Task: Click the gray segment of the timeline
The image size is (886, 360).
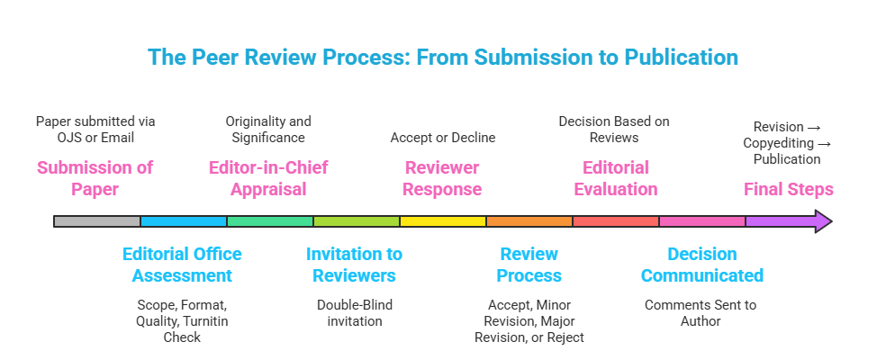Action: [x=97, y=221]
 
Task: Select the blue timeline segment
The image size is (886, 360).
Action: [x=184, y=221]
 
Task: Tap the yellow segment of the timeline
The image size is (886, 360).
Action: [x=443, y=221]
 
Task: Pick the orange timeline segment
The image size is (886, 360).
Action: [x=529, y=221]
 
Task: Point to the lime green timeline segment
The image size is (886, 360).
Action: [x=357, y=221]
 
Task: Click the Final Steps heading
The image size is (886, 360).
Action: [x=788, y=190]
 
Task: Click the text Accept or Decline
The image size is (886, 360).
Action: [x=442, y=138]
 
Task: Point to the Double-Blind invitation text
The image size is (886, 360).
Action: [x=355, y=313]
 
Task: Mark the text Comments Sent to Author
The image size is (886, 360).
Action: [x=701, y=313]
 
